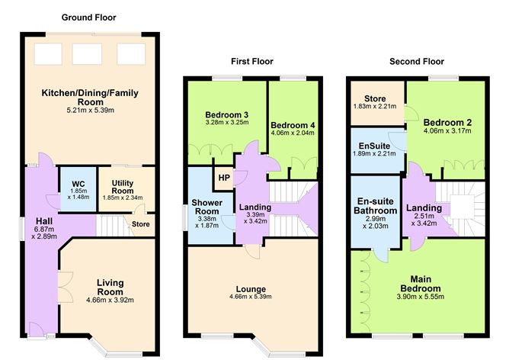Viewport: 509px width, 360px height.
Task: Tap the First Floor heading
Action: click(251, 61)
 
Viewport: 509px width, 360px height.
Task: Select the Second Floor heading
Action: click(416, 61)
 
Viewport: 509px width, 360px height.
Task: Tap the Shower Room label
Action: click(207, 207)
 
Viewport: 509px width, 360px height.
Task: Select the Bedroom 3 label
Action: click(227, 115)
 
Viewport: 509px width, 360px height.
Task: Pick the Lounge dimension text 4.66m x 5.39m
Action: click(251, 297)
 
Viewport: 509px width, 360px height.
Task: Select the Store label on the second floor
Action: click(376, 98)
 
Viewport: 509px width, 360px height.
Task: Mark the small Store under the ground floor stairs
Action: click(140, 224)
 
